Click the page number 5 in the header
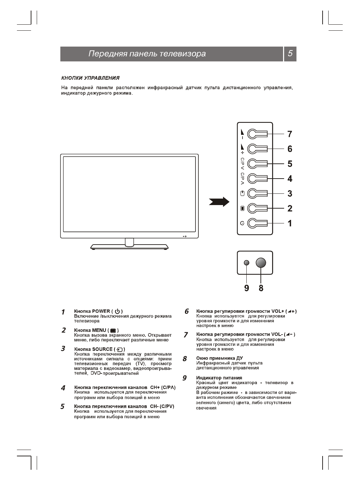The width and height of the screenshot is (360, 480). point(290,54)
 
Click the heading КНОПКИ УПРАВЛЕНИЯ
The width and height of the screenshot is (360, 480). point(90,78)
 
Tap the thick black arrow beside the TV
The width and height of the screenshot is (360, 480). point(219,202)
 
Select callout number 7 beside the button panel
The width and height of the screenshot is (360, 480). point(290,134)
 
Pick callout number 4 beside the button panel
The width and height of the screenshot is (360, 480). point(290,179)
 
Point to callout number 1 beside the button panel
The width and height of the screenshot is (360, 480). point(290,223)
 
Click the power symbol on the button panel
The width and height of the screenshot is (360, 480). point(242,223)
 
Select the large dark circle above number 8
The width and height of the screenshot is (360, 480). point(261,263)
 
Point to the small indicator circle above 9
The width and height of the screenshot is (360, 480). point(247,263)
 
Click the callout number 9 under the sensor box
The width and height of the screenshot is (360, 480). point(247,288)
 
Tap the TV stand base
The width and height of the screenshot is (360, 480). point(129,247)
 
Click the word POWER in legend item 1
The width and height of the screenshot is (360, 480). point(101,311)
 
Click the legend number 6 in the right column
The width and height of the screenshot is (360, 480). point(186,312)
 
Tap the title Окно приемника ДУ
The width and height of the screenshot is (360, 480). point(219,358)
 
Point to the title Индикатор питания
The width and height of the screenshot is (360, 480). point(219,378)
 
